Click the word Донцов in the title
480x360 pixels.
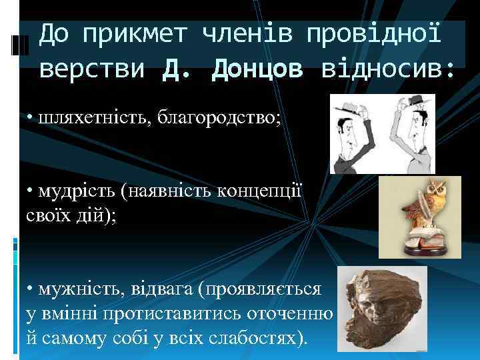pos(257,69)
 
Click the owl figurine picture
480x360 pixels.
pos(419,217)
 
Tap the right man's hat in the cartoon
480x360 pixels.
pos(418,101)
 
